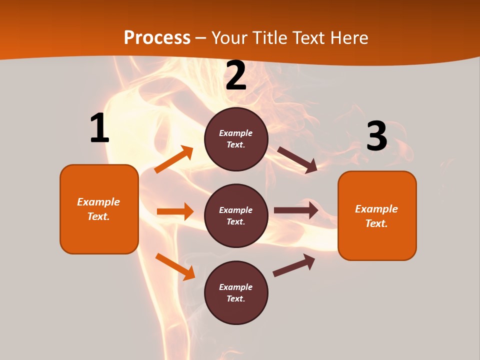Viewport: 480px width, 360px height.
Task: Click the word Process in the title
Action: click(x=157, y=38)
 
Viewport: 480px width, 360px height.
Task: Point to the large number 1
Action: click(x=99, y=128)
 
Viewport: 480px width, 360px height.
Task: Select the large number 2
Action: click(x=236, y=76)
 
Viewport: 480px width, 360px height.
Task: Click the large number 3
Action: click(x=376, y=136)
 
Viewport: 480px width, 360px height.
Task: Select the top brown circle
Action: click(x=236, y=139)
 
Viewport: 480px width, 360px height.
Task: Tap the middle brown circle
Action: click(x=236, y=216)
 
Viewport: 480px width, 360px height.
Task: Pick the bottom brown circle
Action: click(x=236, y=293)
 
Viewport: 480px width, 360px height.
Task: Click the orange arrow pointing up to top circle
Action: click(x=174, y=159)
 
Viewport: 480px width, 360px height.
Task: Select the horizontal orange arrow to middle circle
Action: click(x=175, y=211)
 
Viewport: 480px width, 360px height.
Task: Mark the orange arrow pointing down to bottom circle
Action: click(x=175, y=266)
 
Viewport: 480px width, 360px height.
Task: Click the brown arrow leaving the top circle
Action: click(x=297, y=160)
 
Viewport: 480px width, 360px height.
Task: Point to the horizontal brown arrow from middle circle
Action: click(x=296, y=210)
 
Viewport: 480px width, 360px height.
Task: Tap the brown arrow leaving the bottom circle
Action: click(x=294, y=265)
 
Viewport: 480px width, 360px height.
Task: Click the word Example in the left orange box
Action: click(x=98, y=202)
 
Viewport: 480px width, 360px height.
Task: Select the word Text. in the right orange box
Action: click(x=376, y=223)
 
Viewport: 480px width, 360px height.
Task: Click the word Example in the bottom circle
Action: click(x=236, y=287)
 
